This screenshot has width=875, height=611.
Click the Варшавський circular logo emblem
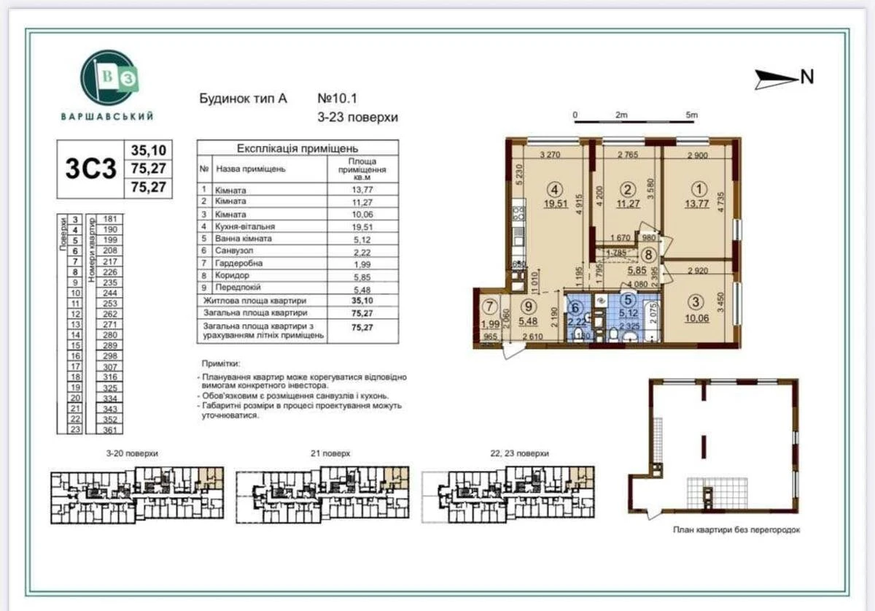pyautogui.click(x=109, y=79)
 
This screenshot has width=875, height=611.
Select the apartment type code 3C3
pyautogui.click(x=90, y=169)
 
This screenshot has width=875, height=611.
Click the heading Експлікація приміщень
pyautogui.click(x=297, y=148)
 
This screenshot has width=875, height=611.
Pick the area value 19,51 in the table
pyautogui.click(x=362, y=227)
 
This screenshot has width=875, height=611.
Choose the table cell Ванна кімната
pyautogui.click(x=243, y=239)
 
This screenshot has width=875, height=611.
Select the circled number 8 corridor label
pyautogui.click(x=648, y=254)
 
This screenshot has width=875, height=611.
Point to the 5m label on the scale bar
pyautogui.click(x=691, y=115)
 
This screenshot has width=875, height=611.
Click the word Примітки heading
pyautogui.click(x=221, y=363)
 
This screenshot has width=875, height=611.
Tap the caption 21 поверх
pyautogui.click(x=330, y=453)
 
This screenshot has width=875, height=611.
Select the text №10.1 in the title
pyautogui.click(x=338, y=98)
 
